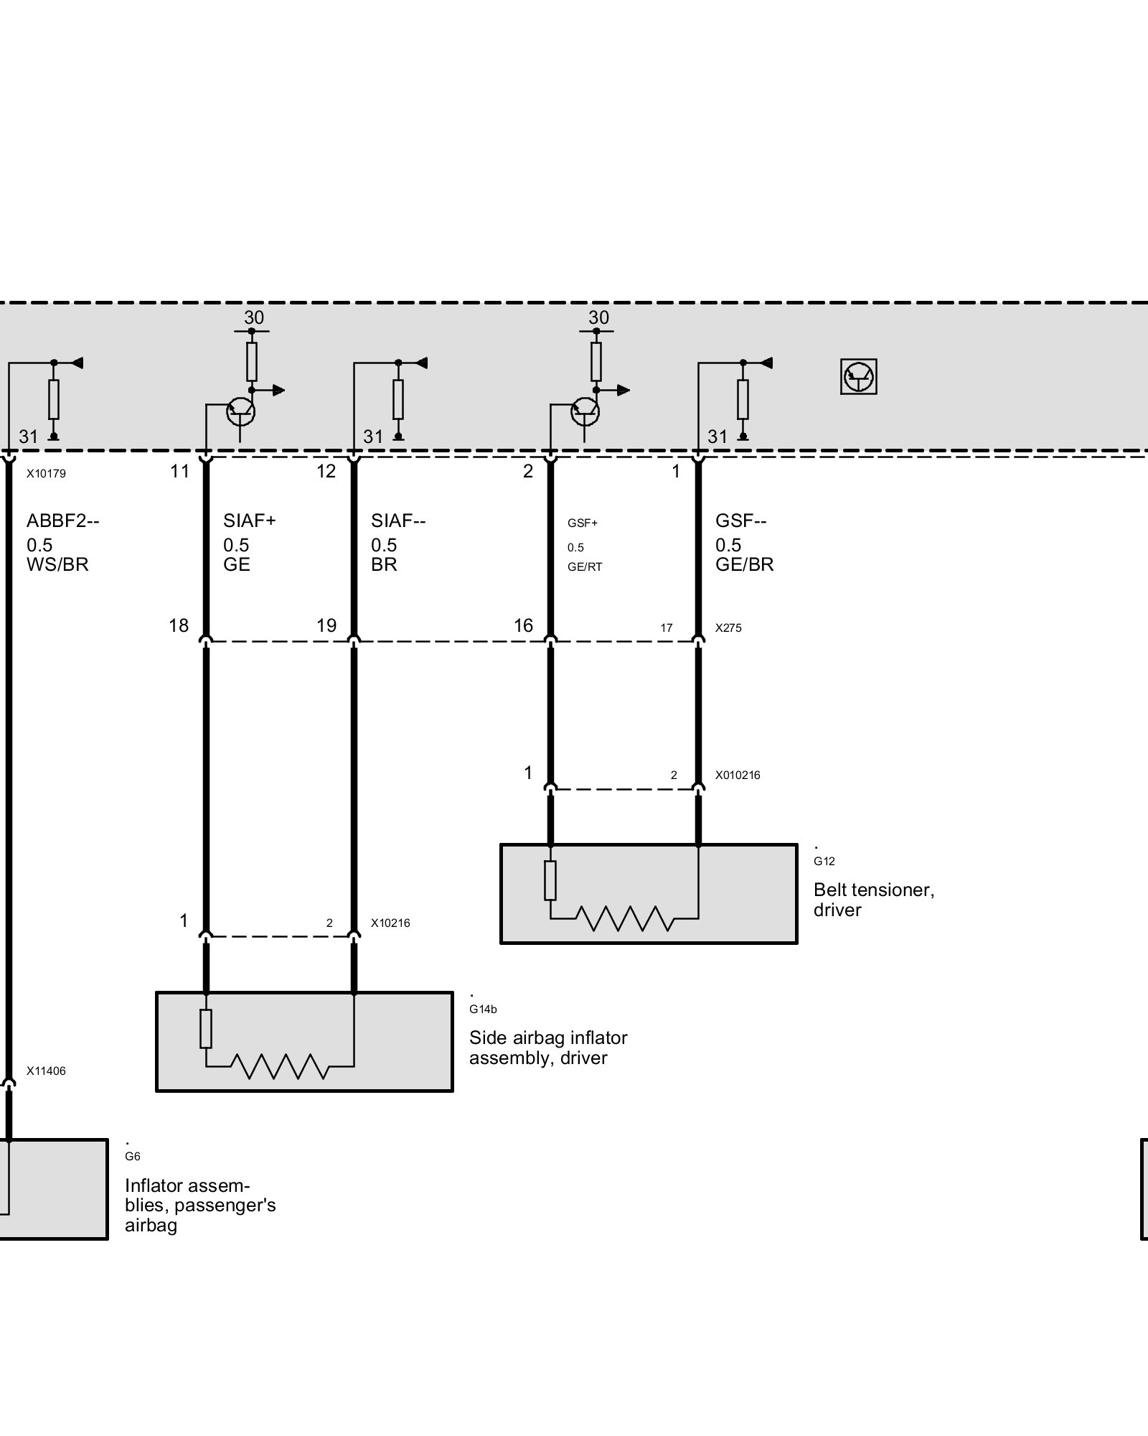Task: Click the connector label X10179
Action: click(x=46, y=474)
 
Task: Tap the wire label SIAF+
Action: click(x=249, y=521)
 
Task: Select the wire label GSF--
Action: click(x=740, y=521)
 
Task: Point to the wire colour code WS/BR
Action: click(x=57, y=564)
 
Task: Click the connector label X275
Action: click(x=728, y=628)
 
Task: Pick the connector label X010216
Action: click(x=738, y=775)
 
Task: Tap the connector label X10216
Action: click(x=390, y=923)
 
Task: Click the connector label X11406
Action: click(x=46, y=1071)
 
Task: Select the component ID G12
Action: click(x=824, y=861)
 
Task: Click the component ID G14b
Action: click(x=483, y=1009)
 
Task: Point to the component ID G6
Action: click(x=133, y=1156)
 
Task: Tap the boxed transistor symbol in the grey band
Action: click(x=858, y=377)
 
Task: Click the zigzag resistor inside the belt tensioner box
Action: click(x=625, y=918)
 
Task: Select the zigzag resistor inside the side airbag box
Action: click(x=281, y=1066)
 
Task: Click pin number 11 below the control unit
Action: click(x=179, y=471)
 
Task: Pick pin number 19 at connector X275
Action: click(x=326, y=625)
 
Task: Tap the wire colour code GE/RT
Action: click(x=585, y=567)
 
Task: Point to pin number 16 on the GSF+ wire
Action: click(x=523, y=625)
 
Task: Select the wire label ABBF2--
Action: click(x=62, y=521)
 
